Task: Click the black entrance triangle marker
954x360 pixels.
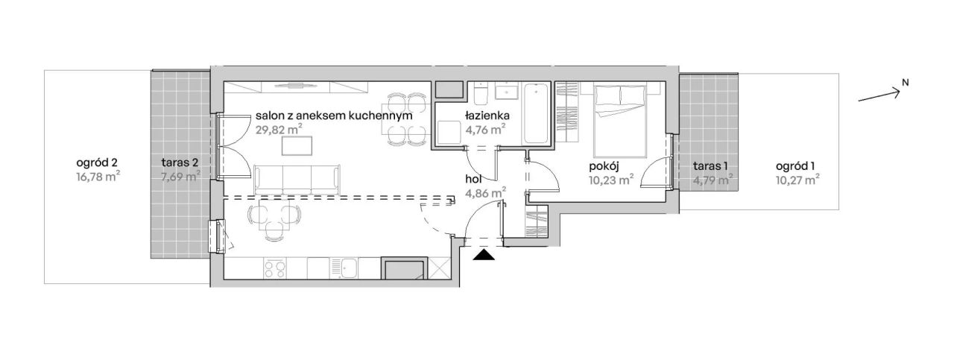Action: [484, 255]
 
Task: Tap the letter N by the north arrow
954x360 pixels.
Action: [906, 83]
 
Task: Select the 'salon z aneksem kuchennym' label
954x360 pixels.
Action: [334, 116]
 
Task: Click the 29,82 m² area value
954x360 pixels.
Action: [279, 130]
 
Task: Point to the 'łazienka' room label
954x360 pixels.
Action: [487, 115]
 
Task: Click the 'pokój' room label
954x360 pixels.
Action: [604, 166]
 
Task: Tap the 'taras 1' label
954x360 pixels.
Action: [710, 166]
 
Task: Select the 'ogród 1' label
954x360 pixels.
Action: [795, 166]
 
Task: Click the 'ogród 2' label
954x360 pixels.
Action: [97, 162]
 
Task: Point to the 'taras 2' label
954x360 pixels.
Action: [180, 162]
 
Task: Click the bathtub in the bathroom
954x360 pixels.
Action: [536, 113]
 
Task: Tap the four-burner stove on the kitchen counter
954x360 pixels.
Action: [275, 268]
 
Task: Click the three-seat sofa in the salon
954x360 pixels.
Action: [297, 180]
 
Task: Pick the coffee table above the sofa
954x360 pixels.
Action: [297, 145]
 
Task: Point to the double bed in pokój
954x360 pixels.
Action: [620, 120]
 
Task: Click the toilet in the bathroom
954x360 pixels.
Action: [481, 95]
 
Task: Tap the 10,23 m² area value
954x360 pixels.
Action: [611, 180]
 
